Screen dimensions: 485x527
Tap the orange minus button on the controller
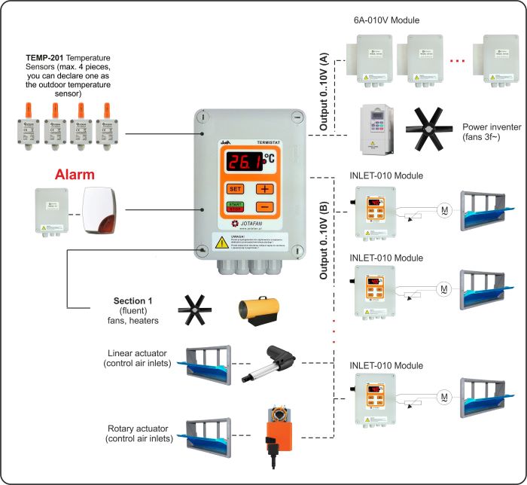pos(264,206)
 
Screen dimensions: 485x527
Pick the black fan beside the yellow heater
pos(194,309)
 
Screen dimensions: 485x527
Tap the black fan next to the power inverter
pos(428,129)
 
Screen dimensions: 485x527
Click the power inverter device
pos(378,129)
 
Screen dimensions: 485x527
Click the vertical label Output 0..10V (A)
pos(324,90)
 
